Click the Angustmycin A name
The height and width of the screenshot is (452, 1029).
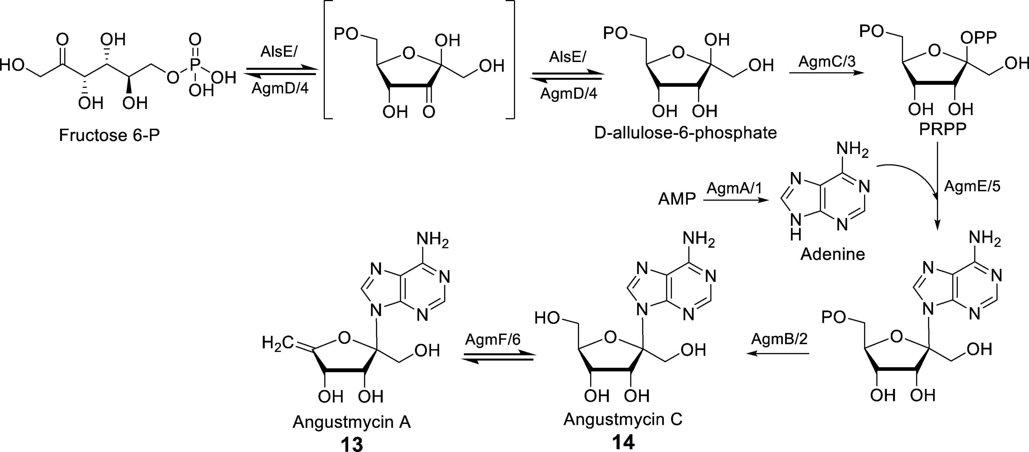pos(352,422)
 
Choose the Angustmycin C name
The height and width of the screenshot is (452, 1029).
pos(623,419)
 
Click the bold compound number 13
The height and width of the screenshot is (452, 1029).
pos(352,443)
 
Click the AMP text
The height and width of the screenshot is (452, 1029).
pos(677,198)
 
